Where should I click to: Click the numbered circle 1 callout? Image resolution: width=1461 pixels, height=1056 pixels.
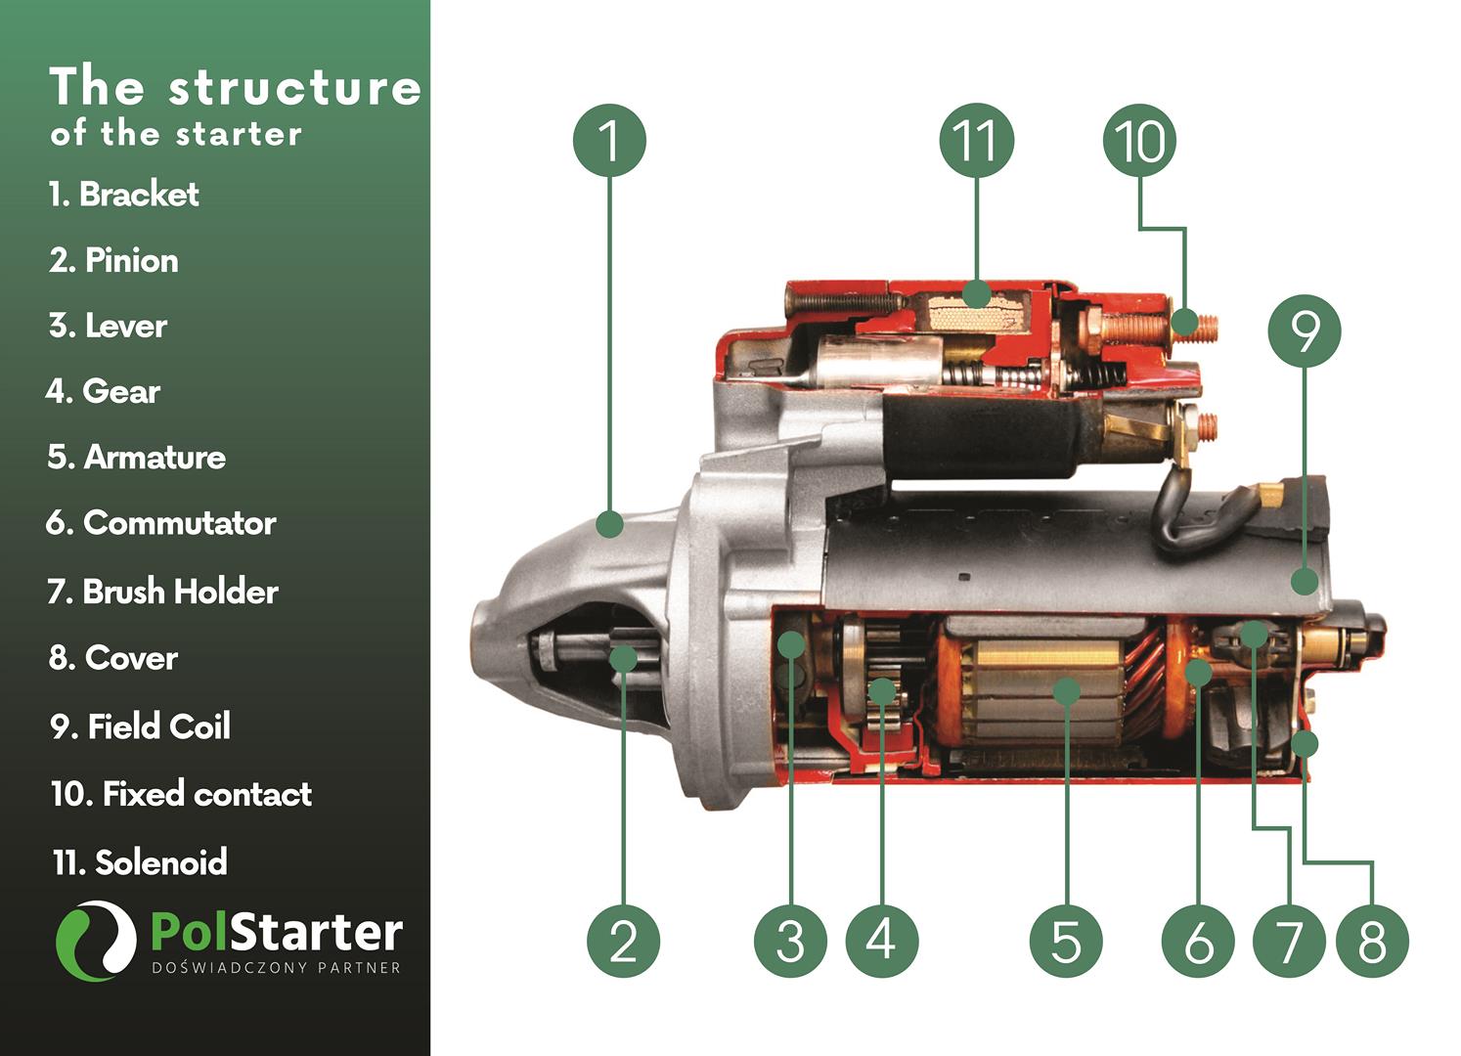click(x=609, y=140)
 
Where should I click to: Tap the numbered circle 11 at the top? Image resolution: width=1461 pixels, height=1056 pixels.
click(x=976, y=140)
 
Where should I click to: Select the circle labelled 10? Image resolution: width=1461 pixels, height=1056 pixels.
click(x=1139, y=140)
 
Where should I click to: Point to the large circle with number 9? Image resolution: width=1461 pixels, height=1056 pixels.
click(x=1305, y=330)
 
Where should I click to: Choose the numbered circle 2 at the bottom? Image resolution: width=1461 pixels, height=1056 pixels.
click(x=624, y=941)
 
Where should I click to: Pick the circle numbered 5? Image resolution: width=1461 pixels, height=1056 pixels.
click(x=1066, y=941)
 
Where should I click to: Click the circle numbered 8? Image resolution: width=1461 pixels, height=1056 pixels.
click(x=1372, y=941)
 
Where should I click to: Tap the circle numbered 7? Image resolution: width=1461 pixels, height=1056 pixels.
click(x=1290, y=941)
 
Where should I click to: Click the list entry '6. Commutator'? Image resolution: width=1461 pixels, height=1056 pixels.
click(x=161, y=523)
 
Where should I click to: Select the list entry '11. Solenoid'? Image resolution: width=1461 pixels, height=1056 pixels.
click(x=140, y=861)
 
